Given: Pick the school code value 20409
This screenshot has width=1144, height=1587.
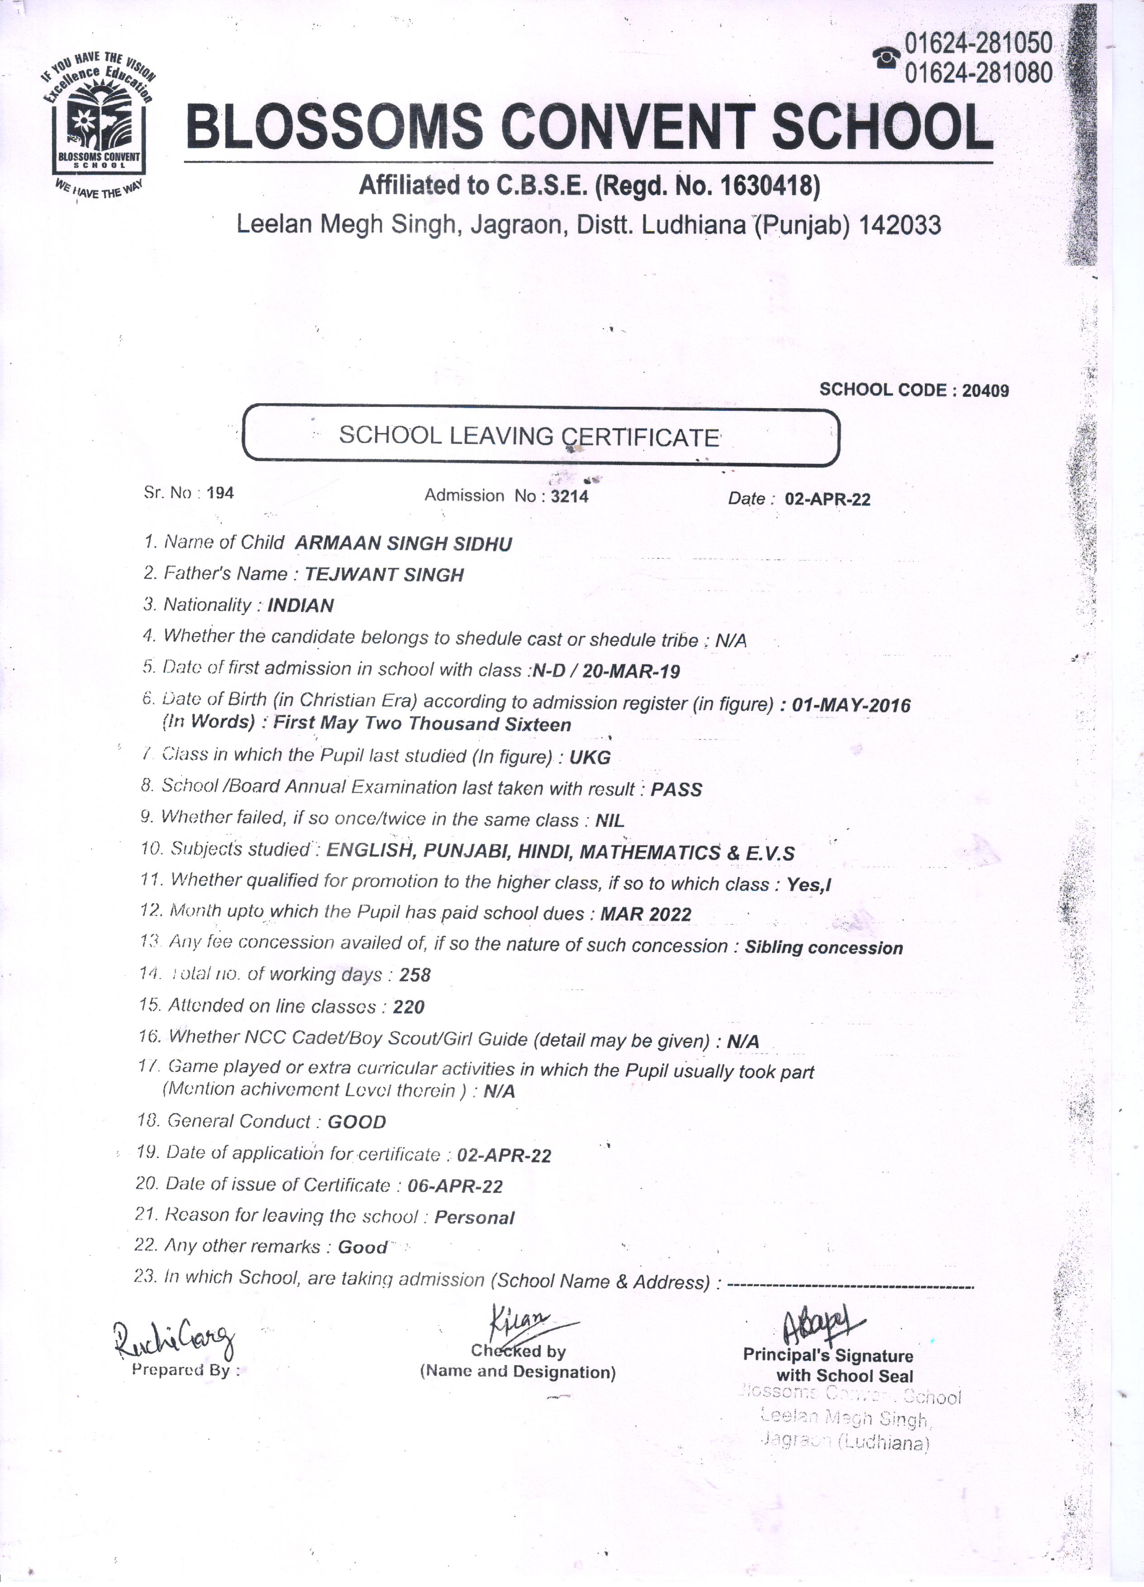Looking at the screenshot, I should (985, 391).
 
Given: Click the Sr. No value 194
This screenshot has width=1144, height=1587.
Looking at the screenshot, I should (220, 493).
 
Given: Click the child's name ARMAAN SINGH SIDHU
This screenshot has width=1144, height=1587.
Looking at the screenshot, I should (403, 543).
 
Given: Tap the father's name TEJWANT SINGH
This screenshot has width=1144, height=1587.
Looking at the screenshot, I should (384, 575).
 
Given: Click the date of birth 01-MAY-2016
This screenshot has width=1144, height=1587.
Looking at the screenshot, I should (851, 705).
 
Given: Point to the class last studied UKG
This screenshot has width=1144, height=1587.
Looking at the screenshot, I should (590, 757).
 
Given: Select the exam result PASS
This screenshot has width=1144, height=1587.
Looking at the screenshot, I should (676, 789).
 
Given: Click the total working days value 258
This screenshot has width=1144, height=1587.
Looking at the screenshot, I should (415, 975).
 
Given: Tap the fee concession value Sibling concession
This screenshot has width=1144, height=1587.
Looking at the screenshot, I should (824, 948).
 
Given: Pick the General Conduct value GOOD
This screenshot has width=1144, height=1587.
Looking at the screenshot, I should (357, 1122).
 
